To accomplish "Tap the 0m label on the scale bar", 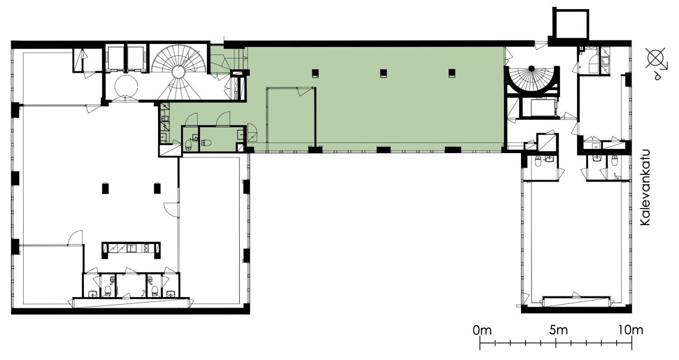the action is tap(482, 330).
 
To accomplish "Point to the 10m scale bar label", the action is tap(631, 330).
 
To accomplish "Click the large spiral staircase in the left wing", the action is tap(179, 72).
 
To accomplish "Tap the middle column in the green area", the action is tap(384, 73).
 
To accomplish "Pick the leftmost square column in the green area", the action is tap(316, 73).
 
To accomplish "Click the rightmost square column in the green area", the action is tap(452, 73).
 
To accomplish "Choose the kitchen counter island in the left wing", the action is tap(131, 250).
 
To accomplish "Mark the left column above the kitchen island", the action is tap(105, 188).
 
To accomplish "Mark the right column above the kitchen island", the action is tap(157, 188).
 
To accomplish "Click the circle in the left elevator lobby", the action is tap(126, 86).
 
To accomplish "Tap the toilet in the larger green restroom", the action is tap(207, 142).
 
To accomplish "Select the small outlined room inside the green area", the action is tap(292, 119).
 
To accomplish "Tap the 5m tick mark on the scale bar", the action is tap(555, 344).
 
